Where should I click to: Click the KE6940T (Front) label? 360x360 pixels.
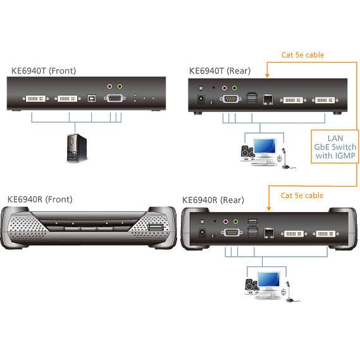[x=44, y=71]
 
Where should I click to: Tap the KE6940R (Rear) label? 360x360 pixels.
[x=213, y=200]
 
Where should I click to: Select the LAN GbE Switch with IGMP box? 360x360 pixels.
[x=335, y=147]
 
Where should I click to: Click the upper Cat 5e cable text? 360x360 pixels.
[x=302, y=55]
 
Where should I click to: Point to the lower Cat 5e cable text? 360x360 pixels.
[x=302, y=196]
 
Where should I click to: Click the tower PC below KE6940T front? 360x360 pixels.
[x=77, y=148]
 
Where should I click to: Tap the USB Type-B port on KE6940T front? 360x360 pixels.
[x=92, y=98]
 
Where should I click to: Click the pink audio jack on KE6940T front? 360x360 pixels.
[x=110, y=87]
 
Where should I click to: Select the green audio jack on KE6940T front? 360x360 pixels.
[x=120, y=87]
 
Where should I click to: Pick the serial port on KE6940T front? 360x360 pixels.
[x=115, y=98]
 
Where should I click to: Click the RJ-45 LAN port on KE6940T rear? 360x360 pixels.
[x=268, y=99]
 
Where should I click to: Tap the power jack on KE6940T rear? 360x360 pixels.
[x=201, y=99]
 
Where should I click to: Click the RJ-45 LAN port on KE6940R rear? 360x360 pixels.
[x=269, y=233]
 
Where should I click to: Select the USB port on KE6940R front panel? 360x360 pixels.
[x=155, y=228]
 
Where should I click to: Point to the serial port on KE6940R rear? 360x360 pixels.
[x=232, y=232]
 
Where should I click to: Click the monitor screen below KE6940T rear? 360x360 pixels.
[x=265, y=146]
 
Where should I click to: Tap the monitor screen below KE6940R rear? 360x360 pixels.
[x=268, y=280]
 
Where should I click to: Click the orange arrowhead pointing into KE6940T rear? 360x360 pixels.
[x=267, y=75]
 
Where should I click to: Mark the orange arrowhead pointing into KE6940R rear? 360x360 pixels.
[x=269, y=208]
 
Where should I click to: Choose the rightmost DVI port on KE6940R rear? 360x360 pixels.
[x=326, y=233]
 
